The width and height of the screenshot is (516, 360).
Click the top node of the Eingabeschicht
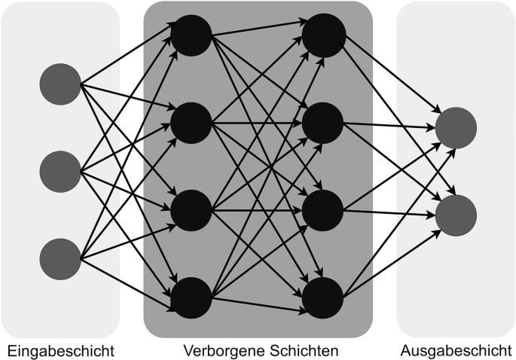(x=60, y=84)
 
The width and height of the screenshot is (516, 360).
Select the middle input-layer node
(x=60, y=171)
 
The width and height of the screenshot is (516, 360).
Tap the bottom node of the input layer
(x=60, y=258)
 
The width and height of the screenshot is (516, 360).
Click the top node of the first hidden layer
(x=191, y=35)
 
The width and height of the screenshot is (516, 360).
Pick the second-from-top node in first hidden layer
(x=191, y=122)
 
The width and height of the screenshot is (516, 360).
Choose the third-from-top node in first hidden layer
(x=191, y=209)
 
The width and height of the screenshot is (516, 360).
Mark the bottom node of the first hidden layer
(x=191, y=297)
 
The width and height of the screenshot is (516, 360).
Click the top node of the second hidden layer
(x=325, y=35)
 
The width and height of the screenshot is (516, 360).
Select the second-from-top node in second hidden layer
(x=325, y=122)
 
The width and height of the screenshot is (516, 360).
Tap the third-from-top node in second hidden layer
(x=325, y=209)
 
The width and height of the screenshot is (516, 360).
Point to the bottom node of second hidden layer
(x=325, y=297)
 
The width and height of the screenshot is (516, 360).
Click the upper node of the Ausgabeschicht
(x=455, y=128)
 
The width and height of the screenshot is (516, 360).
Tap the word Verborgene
(x=218, y=350)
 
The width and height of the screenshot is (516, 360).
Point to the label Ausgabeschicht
(x=456, y=350)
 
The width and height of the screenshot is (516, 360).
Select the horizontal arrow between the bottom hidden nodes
(x=258, y=297)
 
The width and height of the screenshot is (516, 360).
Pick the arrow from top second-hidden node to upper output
(x=392, y=83)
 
